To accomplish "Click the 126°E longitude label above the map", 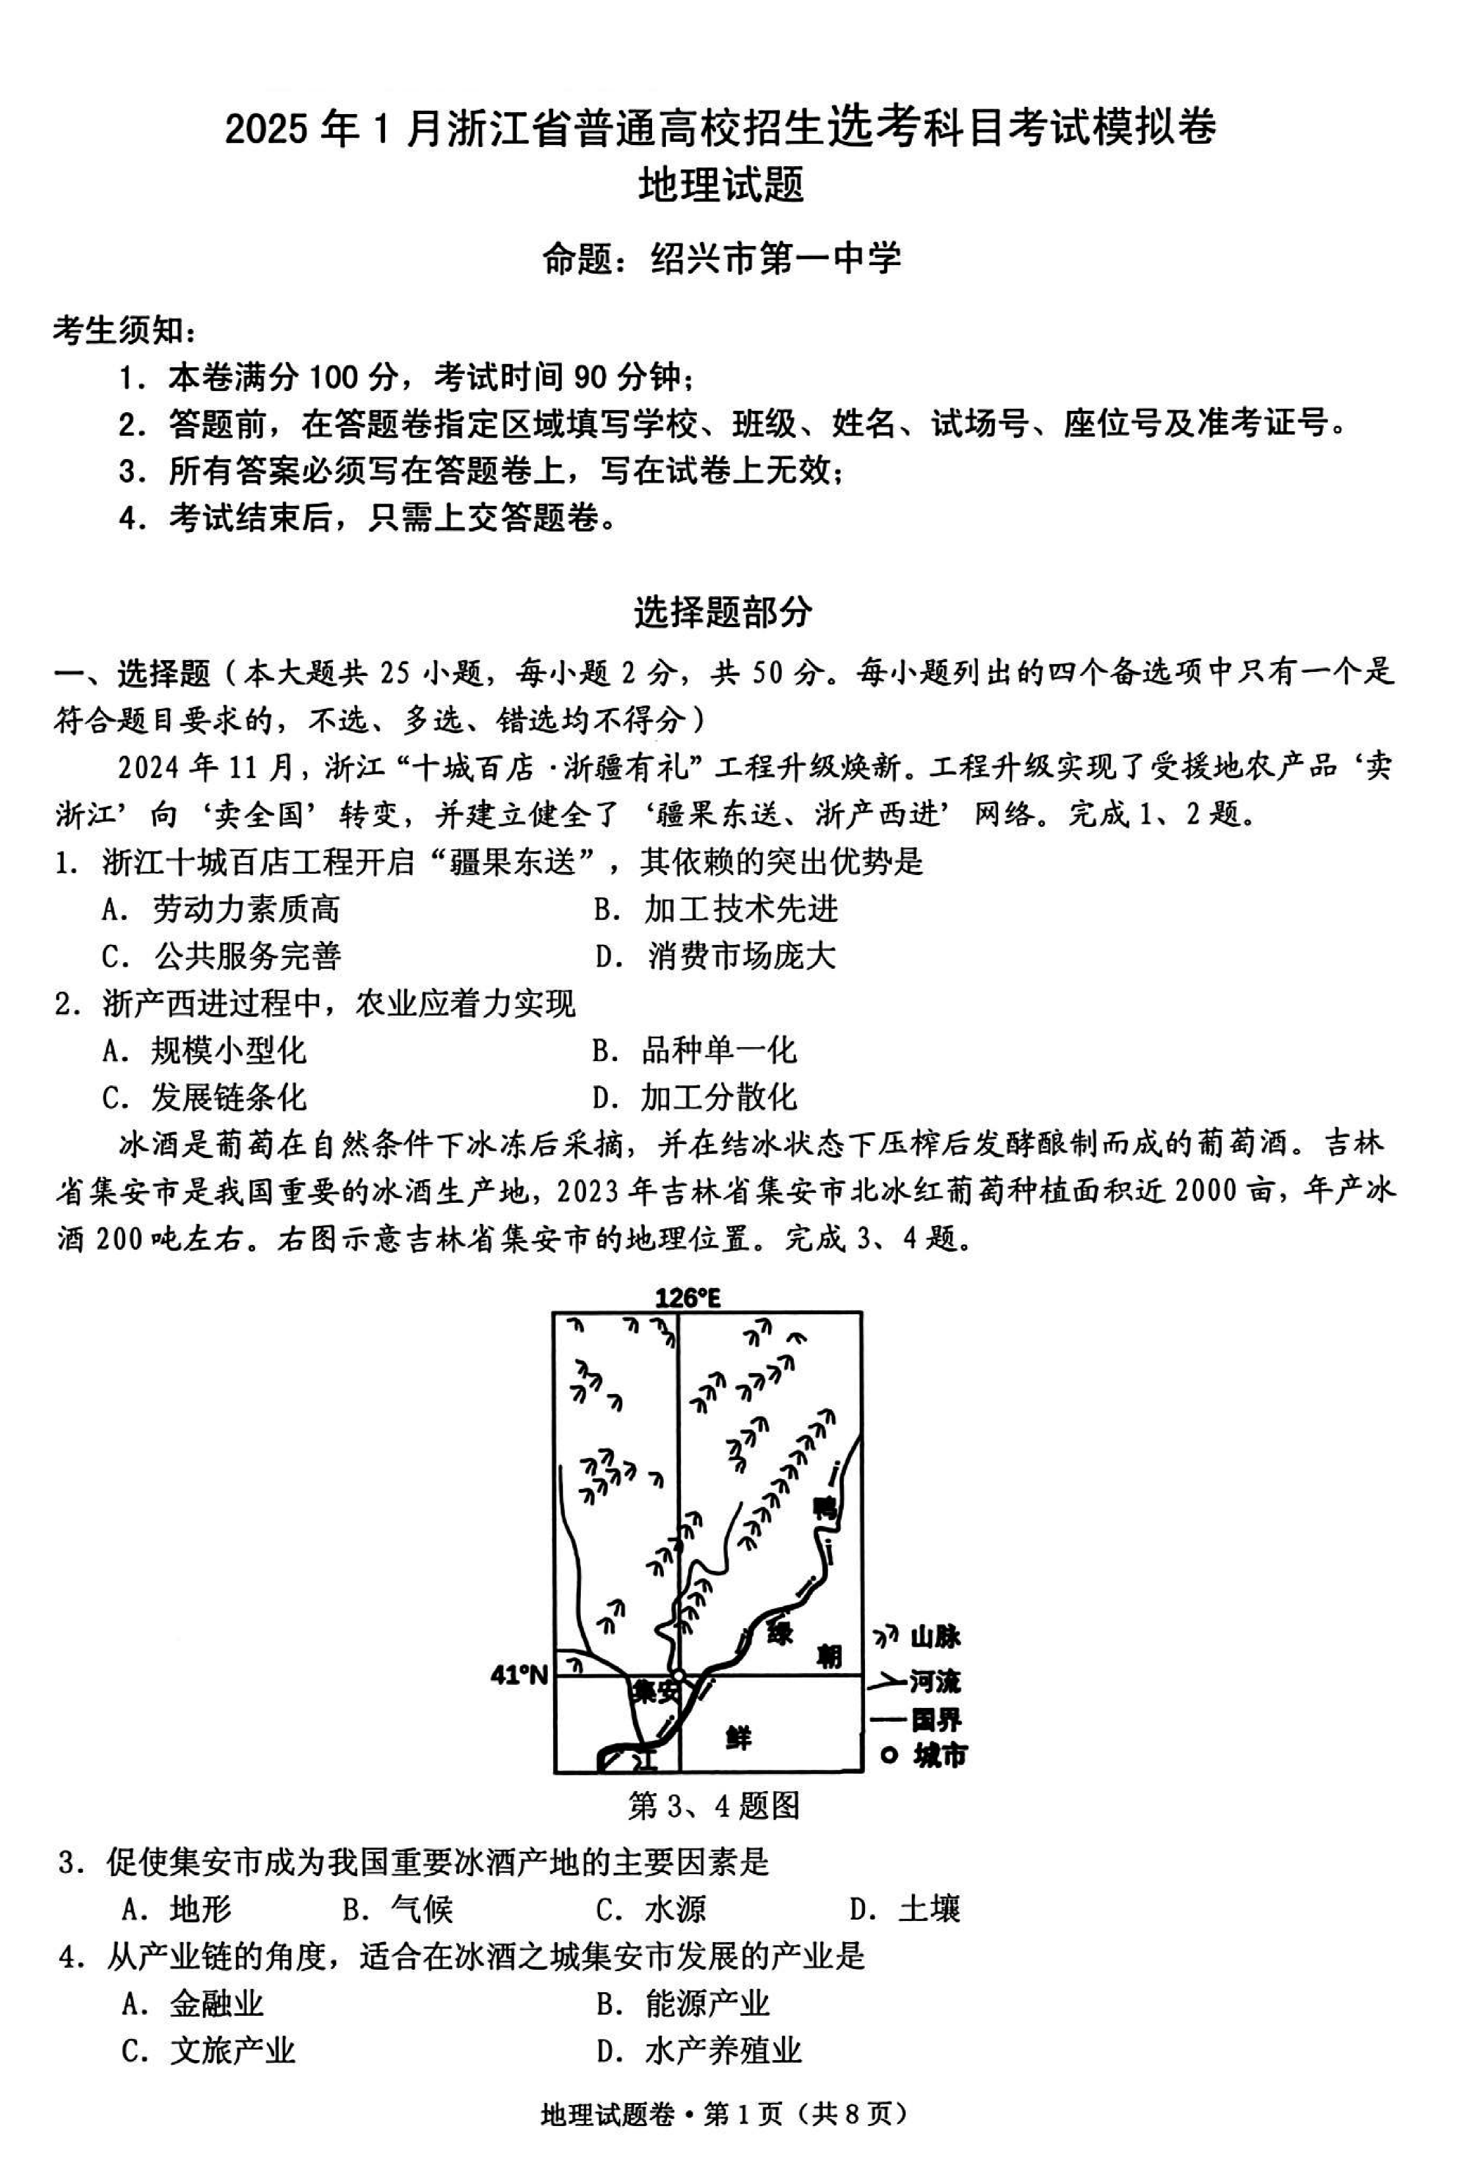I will point(687,1297).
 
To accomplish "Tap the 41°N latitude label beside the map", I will point(519,1675).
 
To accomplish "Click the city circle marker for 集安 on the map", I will point(680,1676).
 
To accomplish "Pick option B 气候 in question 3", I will point(398,1909).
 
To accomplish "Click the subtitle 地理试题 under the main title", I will point(721,185).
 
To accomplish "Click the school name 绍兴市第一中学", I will point(774,259).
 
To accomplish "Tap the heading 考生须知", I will point(125,329).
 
